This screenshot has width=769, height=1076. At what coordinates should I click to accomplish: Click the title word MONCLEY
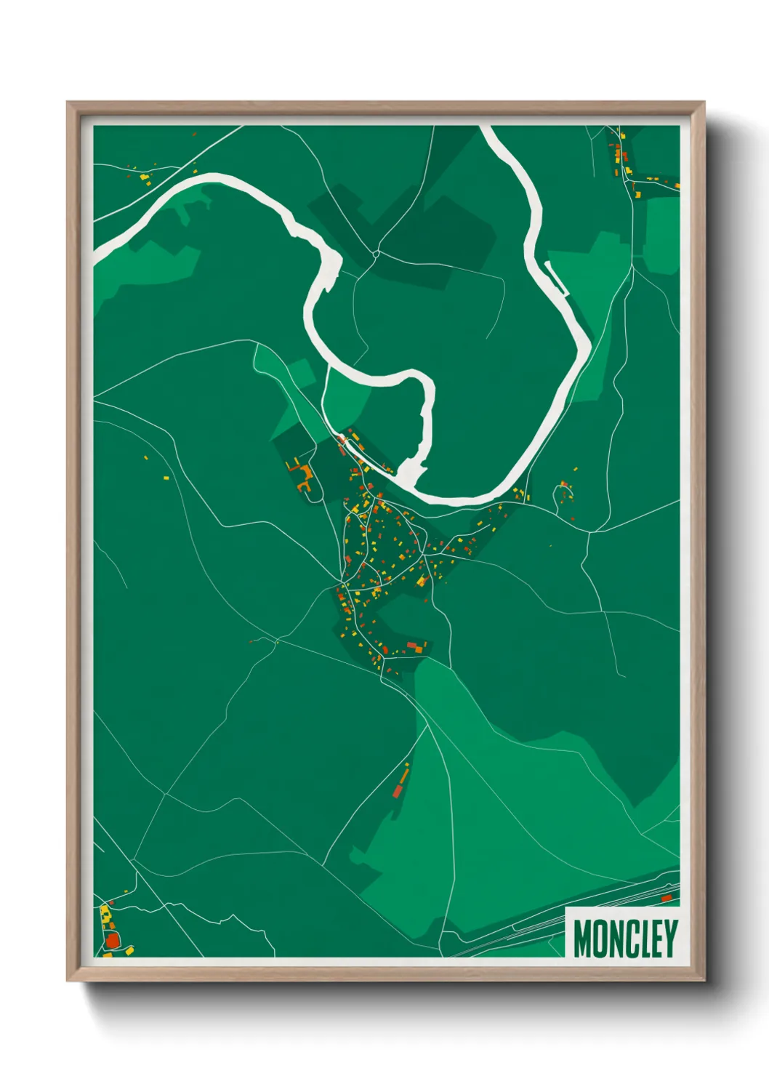(625, 939)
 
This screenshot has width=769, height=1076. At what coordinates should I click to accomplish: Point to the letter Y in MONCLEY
(670, 939)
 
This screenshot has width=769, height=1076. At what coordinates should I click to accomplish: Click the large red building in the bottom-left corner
(112, 941)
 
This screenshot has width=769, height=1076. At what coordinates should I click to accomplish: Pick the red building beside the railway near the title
(666, 899)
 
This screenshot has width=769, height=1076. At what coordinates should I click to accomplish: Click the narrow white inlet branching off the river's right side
(557, 279)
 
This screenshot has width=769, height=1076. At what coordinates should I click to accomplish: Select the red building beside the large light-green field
(398, 790)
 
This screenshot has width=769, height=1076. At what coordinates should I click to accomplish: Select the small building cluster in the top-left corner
(140, 174)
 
